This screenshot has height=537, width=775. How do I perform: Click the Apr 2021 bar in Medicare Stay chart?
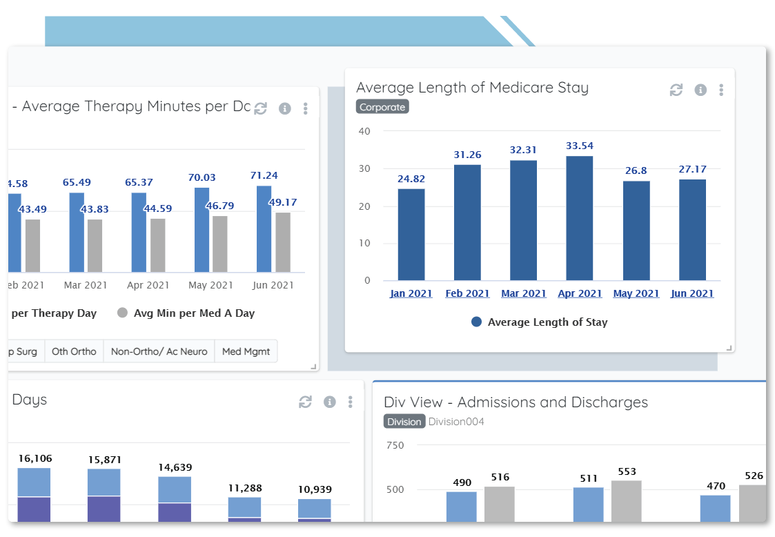coord(579,218)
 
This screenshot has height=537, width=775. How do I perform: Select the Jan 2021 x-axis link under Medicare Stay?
coord(411,293)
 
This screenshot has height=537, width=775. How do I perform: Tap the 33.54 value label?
coord(579,146)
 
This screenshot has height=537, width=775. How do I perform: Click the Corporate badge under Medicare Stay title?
coord(382,107)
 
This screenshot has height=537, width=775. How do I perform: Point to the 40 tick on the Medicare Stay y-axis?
coord(364,131)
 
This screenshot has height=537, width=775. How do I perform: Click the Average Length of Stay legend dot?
coord(476,322)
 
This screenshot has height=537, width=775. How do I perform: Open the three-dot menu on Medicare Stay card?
coord(721,90)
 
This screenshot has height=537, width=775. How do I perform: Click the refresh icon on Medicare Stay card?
coord(676,90)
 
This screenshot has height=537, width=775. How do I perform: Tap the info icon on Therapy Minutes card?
coord(285,108)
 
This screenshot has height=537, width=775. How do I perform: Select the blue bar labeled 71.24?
coord(264,229)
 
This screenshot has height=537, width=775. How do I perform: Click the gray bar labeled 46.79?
coord(220,244)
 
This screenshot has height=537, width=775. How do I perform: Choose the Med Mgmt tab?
coord(246,351)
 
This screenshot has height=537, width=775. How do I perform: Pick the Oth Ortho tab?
coord(74,351)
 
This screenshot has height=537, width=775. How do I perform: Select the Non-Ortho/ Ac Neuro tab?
coord(159,351)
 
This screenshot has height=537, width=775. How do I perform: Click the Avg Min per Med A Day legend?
coord(186,313)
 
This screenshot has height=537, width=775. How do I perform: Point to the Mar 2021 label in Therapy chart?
coord(86,285)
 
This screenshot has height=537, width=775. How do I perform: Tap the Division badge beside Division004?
coord(404,422)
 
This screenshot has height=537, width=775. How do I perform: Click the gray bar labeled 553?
coord(626,501)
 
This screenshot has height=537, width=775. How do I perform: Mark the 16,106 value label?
coord(35,458)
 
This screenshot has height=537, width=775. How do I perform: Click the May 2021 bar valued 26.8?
coord(636,231)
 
